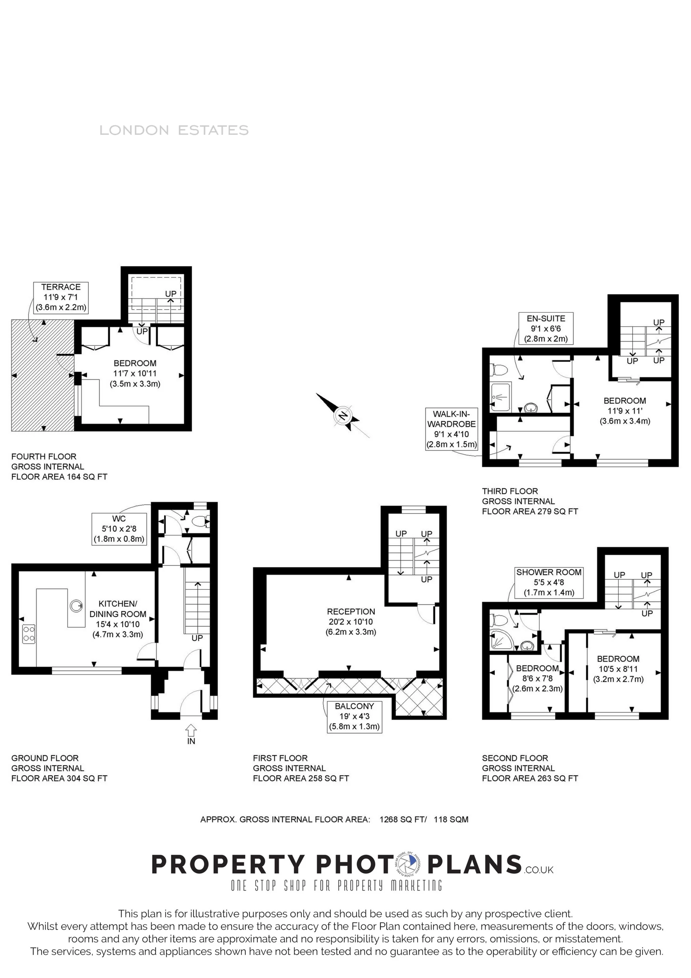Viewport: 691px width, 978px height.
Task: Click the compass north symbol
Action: click(343, 415)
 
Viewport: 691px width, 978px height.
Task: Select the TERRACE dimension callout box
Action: click(61, 297)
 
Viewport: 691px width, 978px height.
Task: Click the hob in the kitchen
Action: click(29, 633)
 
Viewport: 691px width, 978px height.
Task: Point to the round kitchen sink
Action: click(76, 605)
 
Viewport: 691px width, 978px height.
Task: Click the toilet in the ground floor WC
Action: click(200, 520)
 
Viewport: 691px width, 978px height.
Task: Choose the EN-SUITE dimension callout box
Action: click(545, 328)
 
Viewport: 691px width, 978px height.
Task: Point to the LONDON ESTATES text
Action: click(174, 130)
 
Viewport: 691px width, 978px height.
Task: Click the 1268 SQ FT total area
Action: click(403, 819)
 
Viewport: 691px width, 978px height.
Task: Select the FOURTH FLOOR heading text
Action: click(44, 456)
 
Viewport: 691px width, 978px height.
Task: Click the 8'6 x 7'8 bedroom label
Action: click(537, 678)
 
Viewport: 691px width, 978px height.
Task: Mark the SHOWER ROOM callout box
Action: click(548, 582)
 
